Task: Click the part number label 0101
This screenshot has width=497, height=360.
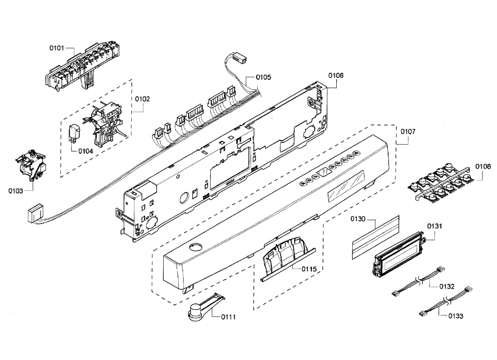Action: pos(57,48)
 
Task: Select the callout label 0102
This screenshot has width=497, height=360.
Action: pos(142,99)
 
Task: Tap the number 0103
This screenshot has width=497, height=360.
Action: pos(16,191)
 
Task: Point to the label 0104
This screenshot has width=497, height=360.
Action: pos(85,151)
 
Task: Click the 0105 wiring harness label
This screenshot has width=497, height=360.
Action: pos(263,77)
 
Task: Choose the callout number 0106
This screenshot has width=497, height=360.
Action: pos(336,75)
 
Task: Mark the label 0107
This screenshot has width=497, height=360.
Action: pos(408,132)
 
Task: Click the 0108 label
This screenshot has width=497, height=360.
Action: pos(483,166)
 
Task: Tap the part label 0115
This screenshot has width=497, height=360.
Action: pos(309,269)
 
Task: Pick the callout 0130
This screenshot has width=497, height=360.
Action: pos(358,219)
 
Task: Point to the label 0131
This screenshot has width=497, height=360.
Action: pos(435,226)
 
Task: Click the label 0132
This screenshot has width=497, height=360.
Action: pos(447,286)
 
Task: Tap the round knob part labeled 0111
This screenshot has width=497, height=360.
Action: pos(195,311)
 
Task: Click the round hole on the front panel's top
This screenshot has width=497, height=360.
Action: pos(195,248)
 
